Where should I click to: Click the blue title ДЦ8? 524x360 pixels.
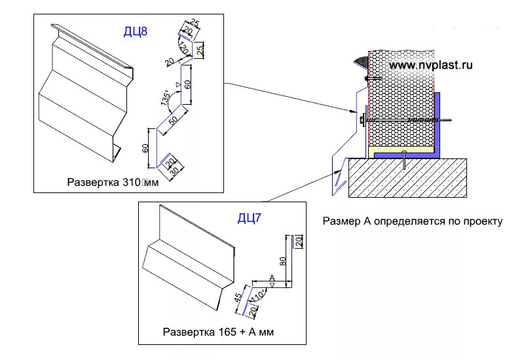click(x=135, y=31)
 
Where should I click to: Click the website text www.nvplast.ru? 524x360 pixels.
click(x=430, y=65)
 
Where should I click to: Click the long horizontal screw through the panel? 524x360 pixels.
click(x=413, y=121)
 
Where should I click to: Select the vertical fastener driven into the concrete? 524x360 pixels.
click(x=406, y=160)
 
